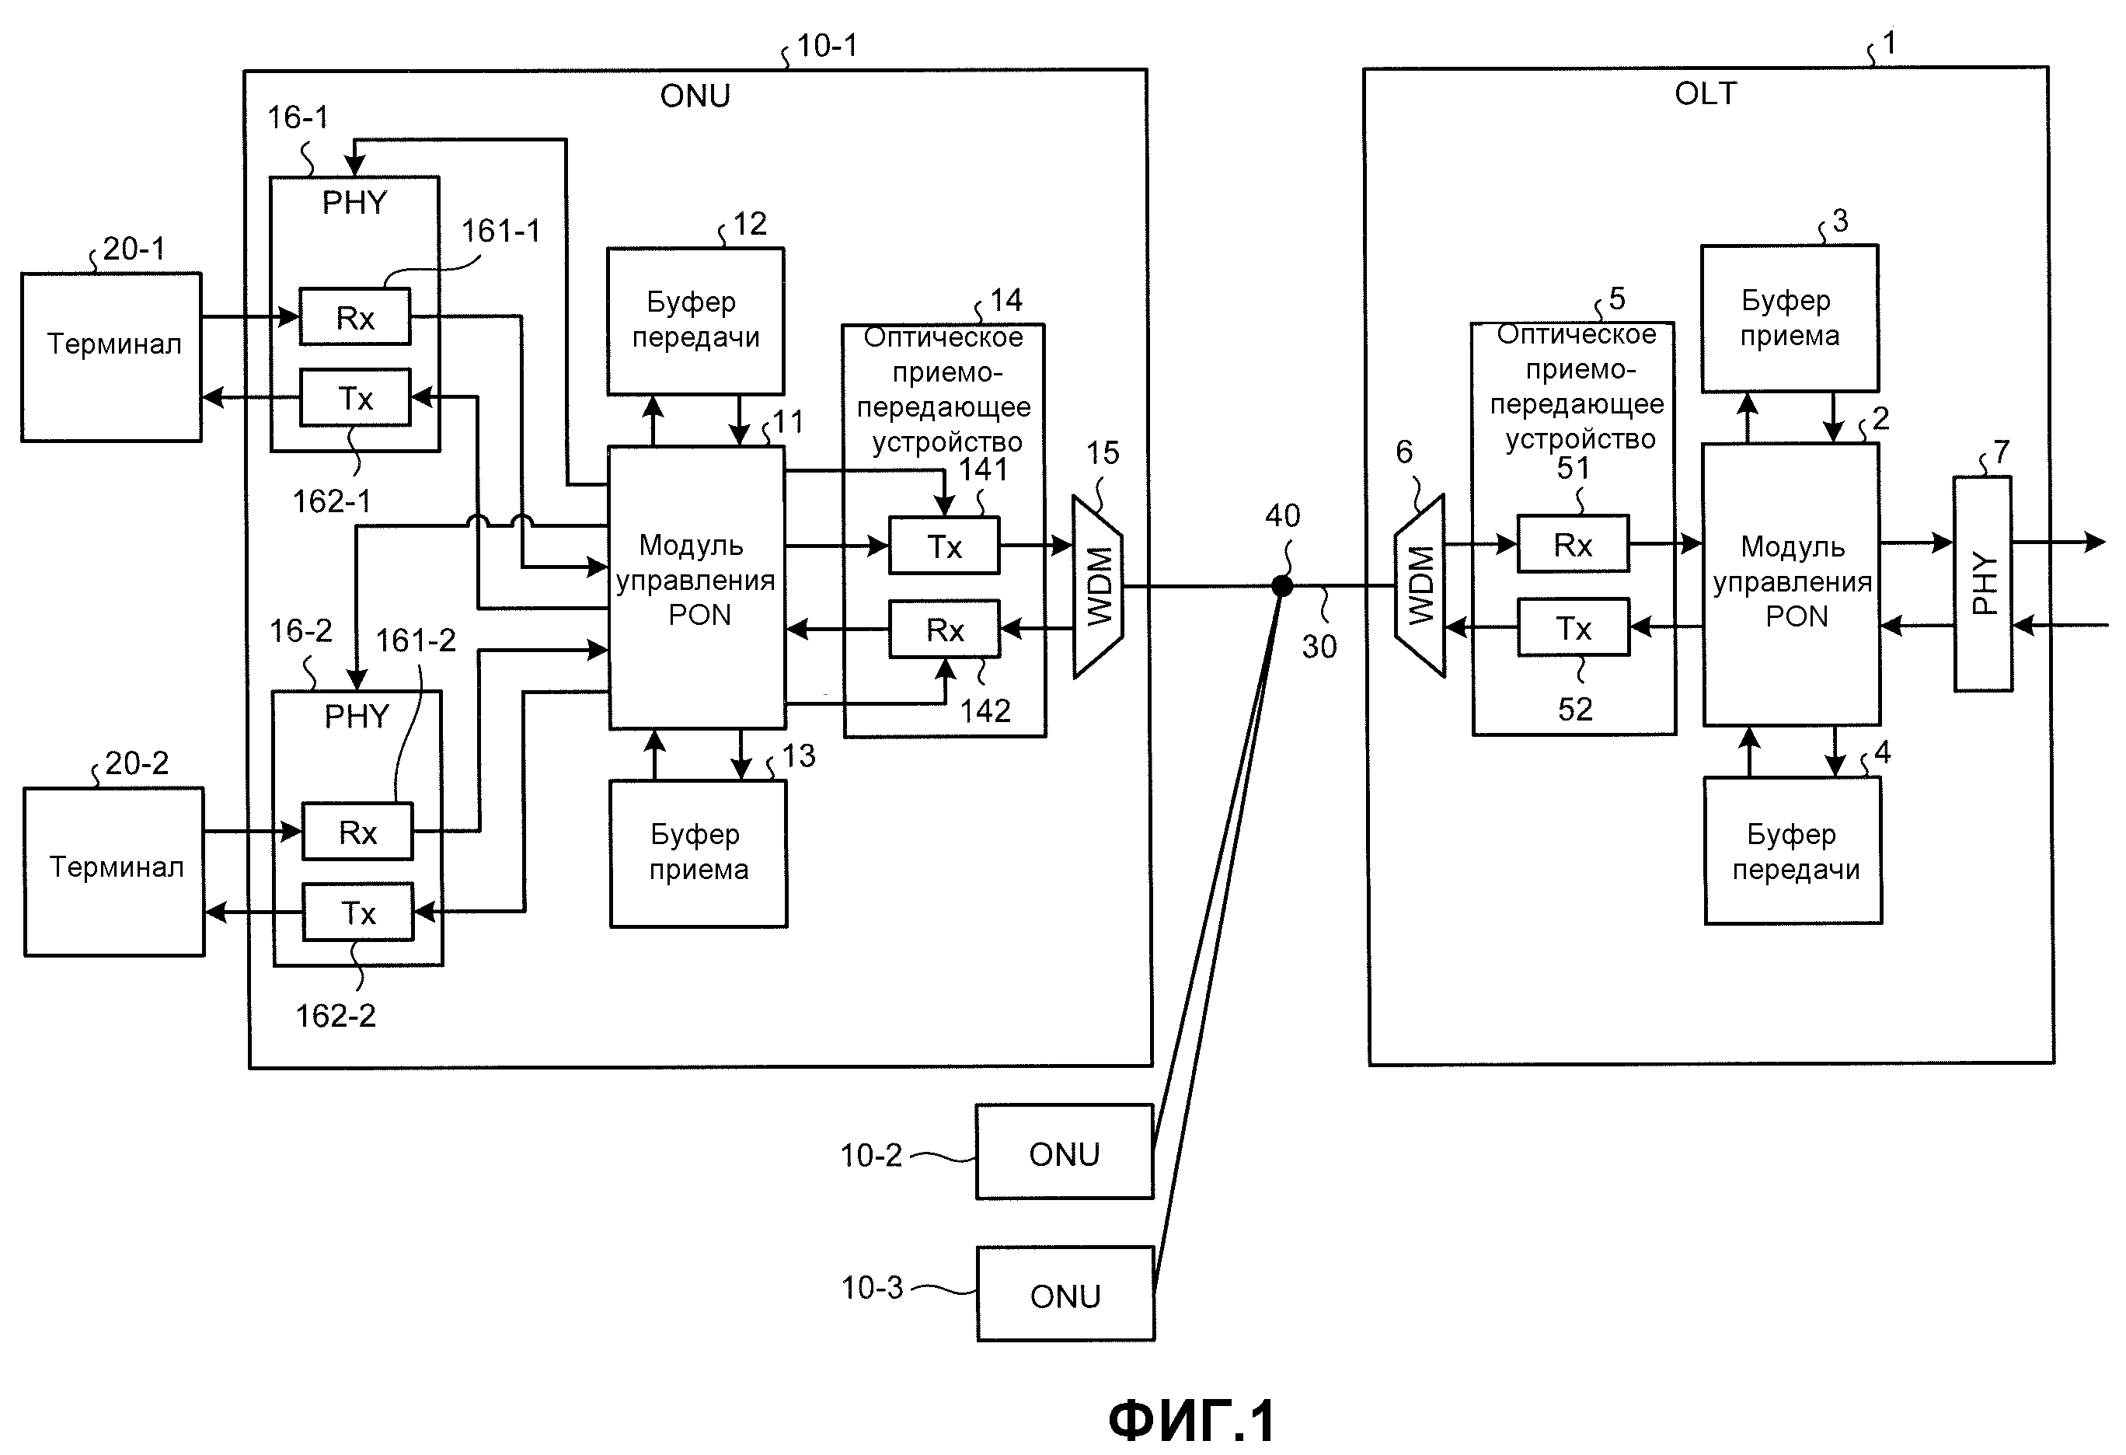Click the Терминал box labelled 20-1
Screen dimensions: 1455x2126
pos(112,357)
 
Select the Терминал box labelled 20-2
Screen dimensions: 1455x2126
pos(114,871)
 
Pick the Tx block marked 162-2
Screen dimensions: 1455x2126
pos(357,912)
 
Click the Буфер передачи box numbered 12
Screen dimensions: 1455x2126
pos(695,320)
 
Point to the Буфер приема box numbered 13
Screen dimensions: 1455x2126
pos(699,853)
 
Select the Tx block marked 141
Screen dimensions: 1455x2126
pos(944,546)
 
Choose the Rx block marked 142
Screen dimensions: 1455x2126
pos(945,630)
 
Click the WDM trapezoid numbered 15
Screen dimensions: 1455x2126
pos(1098,587)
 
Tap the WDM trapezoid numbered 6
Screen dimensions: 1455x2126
pos(1420,586)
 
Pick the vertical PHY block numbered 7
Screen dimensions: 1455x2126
pos(1982,583)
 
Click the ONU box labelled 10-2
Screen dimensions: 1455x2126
pos(1065,1152)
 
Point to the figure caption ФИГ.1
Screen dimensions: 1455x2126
pos(1191,1421)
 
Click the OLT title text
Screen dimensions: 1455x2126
pos(1705,93)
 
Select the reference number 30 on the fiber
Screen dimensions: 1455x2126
pos(1319,647)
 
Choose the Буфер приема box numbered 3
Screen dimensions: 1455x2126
pos(1790,319)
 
